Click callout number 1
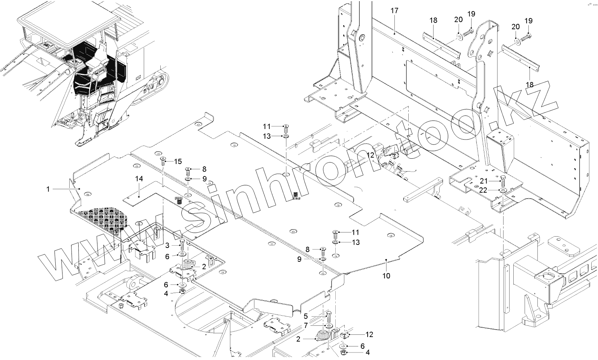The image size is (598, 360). coord(48,189)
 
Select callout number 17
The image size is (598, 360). coord(394,11)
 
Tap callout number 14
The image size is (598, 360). coord(139,179)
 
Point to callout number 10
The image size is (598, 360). coord(386,276)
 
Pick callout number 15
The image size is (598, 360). coord(178,161)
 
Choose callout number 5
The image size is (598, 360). coord(306,316)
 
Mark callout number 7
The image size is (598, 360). coord(306,325)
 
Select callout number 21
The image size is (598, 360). coord(484,181)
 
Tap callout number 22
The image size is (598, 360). coord(483,190)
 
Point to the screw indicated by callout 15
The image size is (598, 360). coord(163,161)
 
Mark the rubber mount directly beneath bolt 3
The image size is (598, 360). coord(187,264)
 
